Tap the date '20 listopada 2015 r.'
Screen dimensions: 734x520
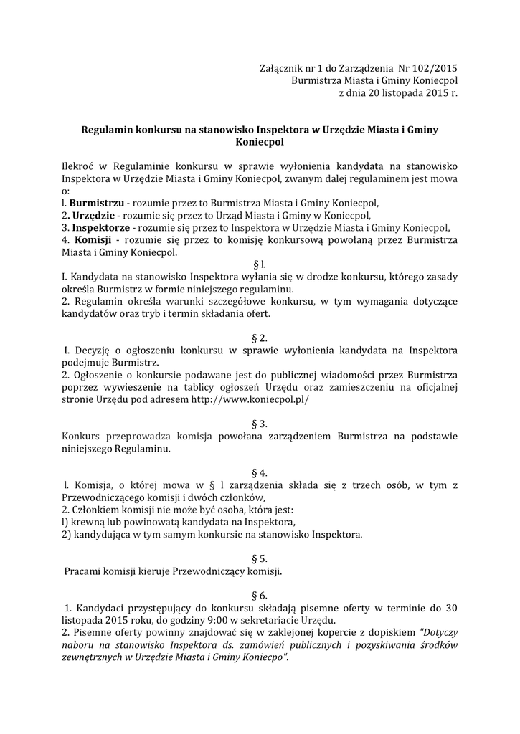404,93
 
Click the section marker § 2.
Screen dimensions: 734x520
260,338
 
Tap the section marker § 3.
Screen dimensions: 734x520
260,424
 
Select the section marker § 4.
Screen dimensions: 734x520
260,473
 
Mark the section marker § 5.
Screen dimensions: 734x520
260,558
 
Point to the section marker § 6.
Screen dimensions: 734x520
260,596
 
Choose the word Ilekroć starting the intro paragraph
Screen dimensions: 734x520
80,166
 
